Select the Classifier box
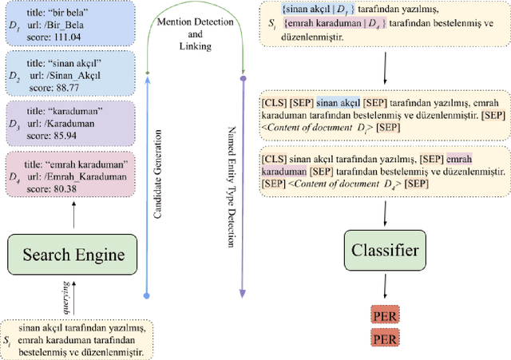(x=386, y=251)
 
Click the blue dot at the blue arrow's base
(x=145, y=296)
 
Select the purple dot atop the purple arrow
(x=243, y=77)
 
